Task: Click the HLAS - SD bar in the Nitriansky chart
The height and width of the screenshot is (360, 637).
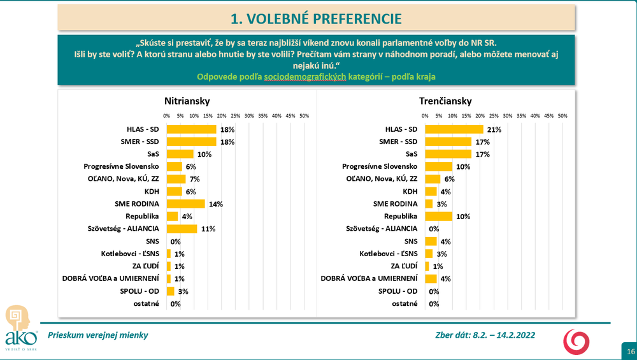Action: (x=191, y=129)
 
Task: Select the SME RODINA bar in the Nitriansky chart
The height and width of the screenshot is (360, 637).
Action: (x=185, y=204)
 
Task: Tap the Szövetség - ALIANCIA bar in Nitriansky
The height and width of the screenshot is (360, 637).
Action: (x=182, y=229)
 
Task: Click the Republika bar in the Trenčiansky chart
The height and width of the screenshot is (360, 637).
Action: (x=438, y=216)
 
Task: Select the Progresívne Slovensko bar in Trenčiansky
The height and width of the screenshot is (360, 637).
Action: (x=438, y=166)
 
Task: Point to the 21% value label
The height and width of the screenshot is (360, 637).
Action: (x=495, y=129)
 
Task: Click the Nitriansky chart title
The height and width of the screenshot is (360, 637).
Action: (x=187, y=101)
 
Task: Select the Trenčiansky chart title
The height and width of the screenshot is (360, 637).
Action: (x=445, y=101)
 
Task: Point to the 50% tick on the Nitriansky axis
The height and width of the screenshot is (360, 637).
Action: (x=304, y=116)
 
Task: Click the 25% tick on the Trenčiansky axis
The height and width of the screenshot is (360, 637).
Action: (x=494, y=116)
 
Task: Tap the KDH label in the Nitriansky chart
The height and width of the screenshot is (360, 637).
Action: (x=154, y=191)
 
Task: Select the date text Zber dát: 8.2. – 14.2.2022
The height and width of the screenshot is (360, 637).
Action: (x=484, y=335)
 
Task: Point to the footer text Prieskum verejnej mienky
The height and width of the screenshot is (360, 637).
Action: (x=94, y=335)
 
